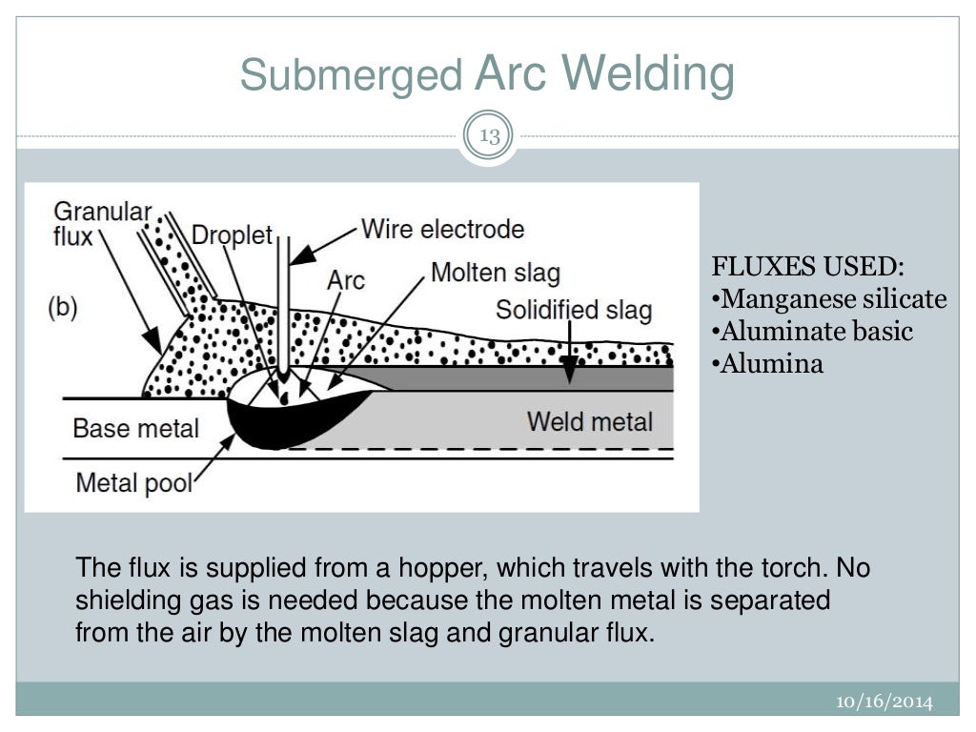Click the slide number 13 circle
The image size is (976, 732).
coord(489,136)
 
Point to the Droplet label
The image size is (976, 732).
coord(232,234)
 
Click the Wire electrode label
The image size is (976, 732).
coord(442,230)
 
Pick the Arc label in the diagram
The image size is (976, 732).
coord(345,279)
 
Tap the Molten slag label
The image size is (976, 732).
coord(496,274)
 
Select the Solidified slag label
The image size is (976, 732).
coord(574,310)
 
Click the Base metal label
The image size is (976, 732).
coord(135,427)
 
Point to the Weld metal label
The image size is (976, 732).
coord(590,421)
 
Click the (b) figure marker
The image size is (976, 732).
coord(62,308)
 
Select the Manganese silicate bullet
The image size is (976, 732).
coord(829,299)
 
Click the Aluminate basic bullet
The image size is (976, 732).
coord(812,332)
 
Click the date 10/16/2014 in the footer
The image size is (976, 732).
coord(884,702)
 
